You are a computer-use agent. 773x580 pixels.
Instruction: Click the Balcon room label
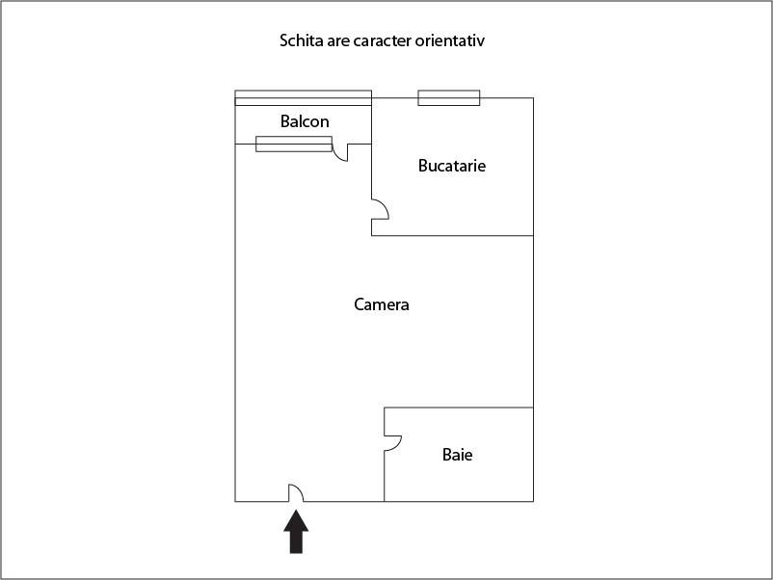click(x=305, y=121)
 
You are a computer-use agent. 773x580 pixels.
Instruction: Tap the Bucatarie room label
click(x=452, y=166)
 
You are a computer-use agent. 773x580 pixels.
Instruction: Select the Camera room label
click(x=381, y=304)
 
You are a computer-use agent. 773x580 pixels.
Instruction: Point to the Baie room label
click(x=457, y=455)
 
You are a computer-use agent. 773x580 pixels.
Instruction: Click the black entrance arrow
click(x=296, y=532)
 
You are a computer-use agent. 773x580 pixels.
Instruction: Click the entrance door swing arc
click(x=300, y=489)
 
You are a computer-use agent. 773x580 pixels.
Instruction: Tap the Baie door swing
click(x=397, y=445)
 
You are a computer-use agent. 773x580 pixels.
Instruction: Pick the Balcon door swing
click(x=337, y=155)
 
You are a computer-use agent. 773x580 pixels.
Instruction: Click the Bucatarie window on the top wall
click(x=448, y=97)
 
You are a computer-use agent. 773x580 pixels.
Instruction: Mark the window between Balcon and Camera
click(x=294, y=144)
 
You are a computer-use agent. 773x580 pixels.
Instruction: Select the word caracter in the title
click(x=383, y=40)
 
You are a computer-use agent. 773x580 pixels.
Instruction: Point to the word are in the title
click(x=338, y=41)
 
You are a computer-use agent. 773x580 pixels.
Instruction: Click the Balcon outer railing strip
click(x=304, y=97)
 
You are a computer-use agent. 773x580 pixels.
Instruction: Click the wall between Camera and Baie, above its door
click(x=384, y=421)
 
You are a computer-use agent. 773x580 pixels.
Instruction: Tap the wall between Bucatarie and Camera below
click(x=453, y=235)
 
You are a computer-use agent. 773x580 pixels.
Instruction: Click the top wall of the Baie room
click(x=459, y=408)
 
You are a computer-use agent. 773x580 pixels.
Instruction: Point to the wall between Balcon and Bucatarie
click(x=371, y=120)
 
